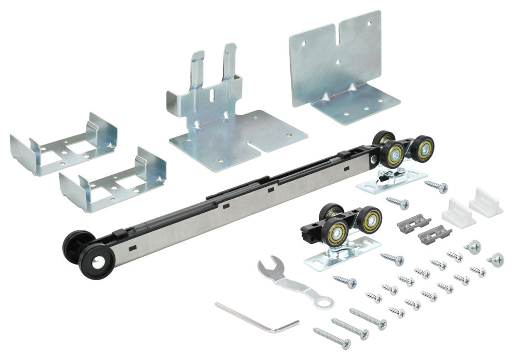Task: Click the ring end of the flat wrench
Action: (325, 300)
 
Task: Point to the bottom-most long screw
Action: (332, 338)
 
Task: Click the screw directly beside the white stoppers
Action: (436, 186)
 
